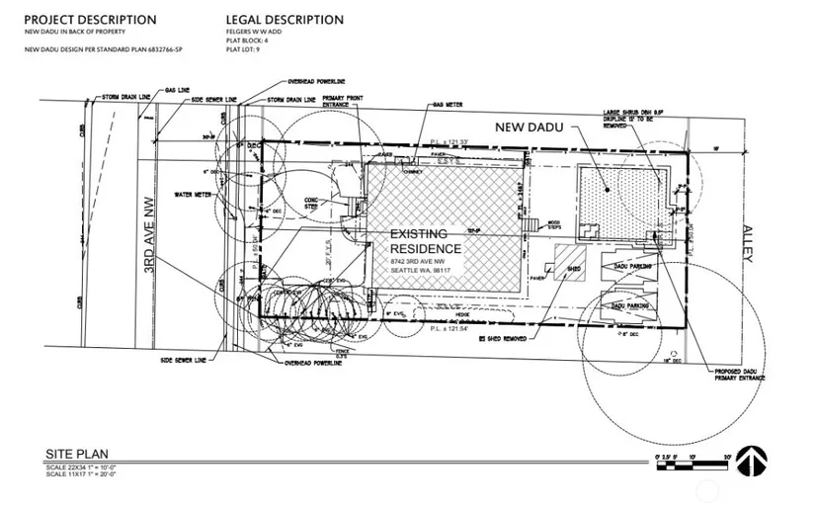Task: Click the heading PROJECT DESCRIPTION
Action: (90, 20)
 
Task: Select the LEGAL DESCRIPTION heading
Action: (285, 20)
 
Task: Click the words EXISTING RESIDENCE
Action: (425, 241)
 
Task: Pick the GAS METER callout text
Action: (447, 103)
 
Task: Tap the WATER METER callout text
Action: (195, 194)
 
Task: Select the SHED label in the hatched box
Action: (572, 268)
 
